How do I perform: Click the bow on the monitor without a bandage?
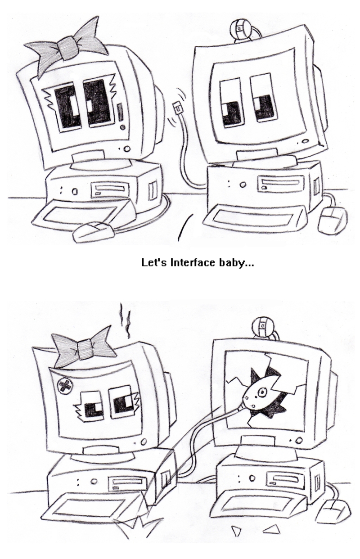[x=68, y=45]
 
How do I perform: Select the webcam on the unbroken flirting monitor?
[x=239, y=29]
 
